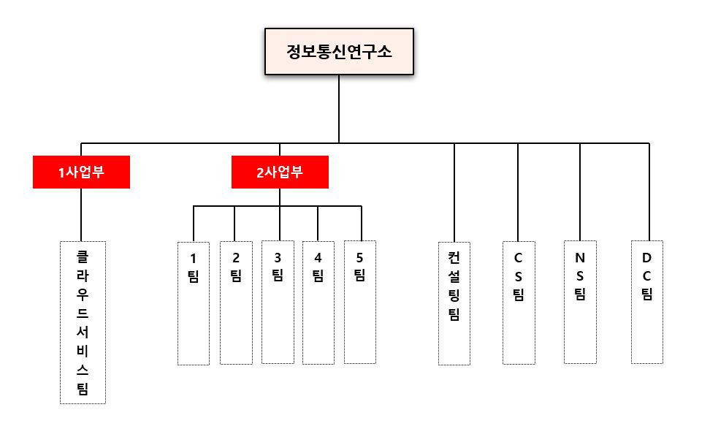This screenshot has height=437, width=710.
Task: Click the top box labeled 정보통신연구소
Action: tap(339, 52)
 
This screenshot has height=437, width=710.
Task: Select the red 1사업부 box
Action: tap(81, 172)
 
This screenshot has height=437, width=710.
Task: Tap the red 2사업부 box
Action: tap(280, 172)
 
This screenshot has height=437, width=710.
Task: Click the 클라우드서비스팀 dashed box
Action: tap(83, 322)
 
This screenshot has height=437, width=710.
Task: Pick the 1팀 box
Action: tap(194, 303)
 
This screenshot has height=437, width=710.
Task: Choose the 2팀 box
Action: tap(236, 302)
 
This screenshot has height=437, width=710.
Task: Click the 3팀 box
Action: tap(278, 302)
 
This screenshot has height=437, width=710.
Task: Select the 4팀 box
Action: tap(318, 303)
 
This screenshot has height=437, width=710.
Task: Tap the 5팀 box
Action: tap(359, 302)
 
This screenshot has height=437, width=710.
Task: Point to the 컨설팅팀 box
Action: tap(454, 303)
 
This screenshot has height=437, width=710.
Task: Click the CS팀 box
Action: tap(519, 302)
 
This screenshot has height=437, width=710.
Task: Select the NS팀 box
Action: tap(580, 302)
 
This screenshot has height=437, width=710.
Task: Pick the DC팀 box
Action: tap(647, 302)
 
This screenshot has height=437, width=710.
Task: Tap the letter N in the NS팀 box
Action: tap(580, 257)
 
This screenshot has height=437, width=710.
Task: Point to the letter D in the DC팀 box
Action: tap(647, 257)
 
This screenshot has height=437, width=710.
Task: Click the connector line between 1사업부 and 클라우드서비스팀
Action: tap(81, 214)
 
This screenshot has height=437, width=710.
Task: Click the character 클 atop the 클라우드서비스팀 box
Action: tap(83, 257)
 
